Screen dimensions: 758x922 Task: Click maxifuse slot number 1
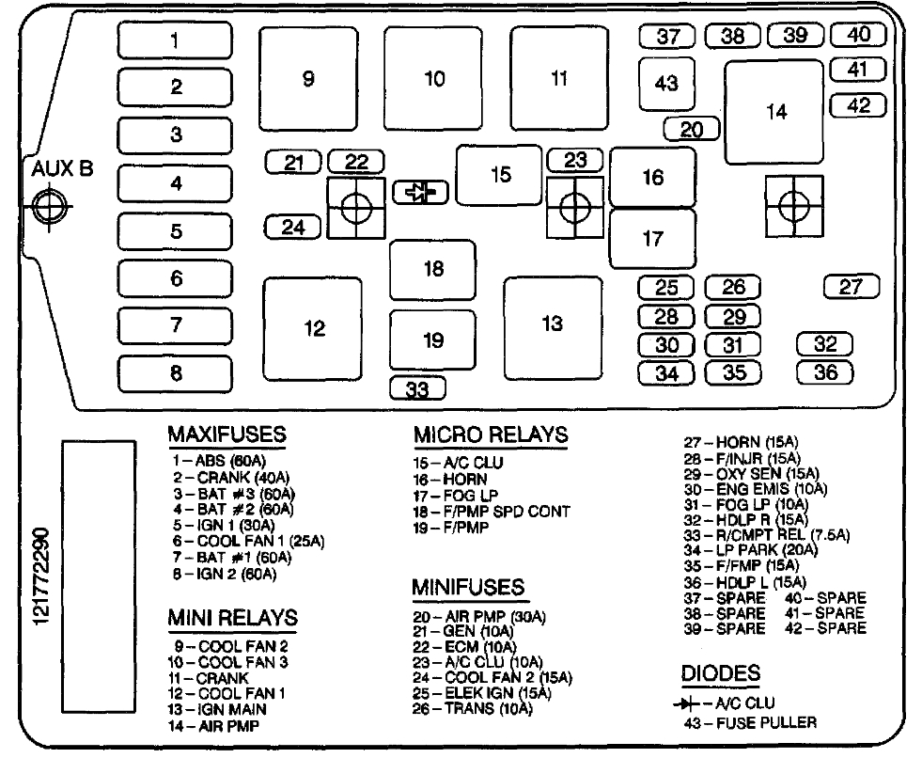[174, 40]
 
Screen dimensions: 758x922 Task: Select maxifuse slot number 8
[176, 374]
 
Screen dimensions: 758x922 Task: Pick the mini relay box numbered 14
[775, 112]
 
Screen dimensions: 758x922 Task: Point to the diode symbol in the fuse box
[419, 193]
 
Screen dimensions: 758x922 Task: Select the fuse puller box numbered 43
[666, 85]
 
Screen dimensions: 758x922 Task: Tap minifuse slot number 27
[851, 287]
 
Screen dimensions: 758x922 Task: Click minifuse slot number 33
[417, 387]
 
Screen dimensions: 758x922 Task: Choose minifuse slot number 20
[692, 130]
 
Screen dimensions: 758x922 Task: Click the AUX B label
[63, 170]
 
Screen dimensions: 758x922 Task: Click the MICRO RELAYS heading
[491, 435]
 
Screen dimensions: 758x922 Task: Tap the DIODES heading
[721, 673]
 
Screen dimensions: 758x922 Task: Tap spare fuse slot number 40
[858, 35]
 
